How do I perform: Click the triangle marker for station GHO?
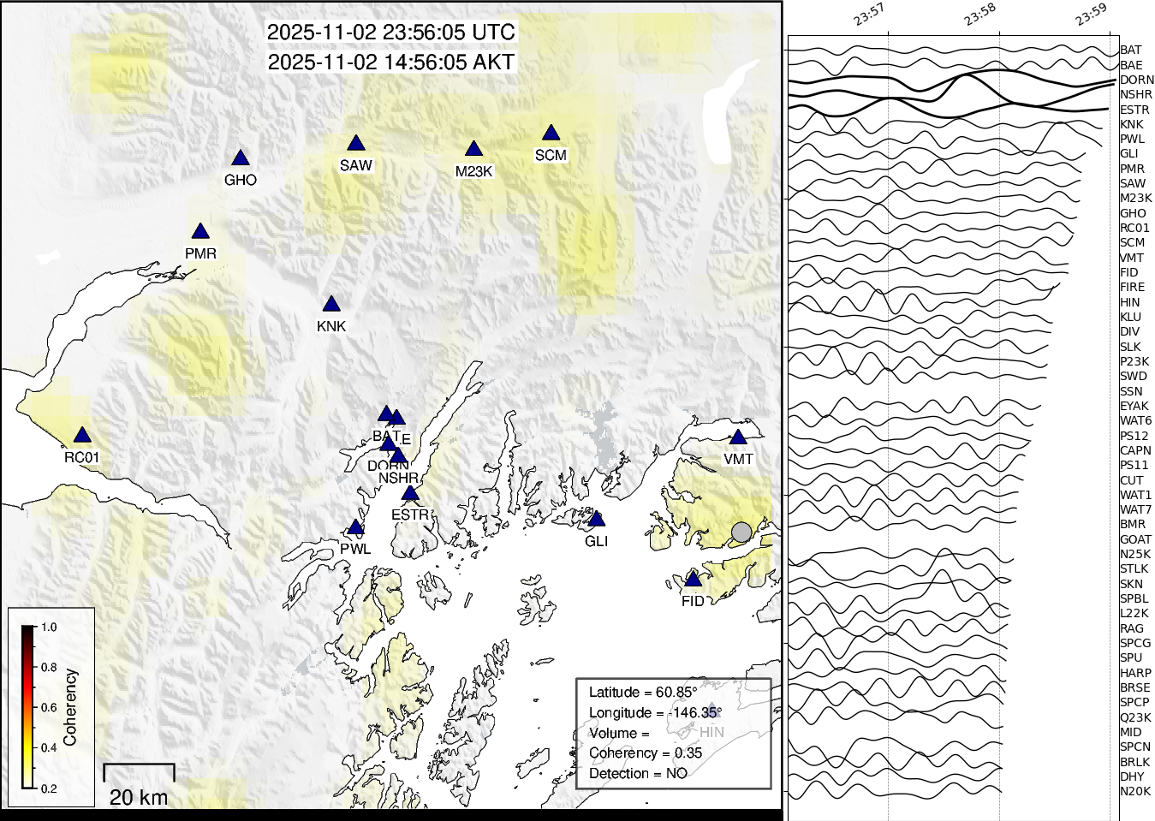[241, 158]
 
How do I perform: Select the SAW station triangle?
[356, 144]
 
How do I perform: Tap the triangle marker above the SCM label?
[551, 134]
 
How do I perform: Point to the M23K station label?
[473, 171]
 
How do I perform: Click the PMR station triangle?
[200, 232]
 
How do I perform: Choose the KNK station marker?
[331, 305]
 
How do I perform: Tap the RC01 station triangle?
[81, 436]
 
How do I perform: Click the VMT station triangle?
[738, 437]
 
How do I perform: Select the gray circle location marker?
[741, 532]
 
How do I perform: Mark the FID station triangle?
[694, 580]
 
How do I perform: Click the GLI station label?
[596, 541]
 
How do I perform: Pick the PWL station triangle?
[355, 528]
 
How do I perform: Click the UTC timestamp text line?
[391, 33]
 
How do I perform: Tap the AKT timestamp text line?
[391, 62]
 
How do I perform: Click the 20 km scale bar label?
[139, 797]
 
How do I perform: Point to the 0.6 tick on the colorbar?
[49, 707]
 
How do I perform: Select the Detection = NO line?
[638, 773]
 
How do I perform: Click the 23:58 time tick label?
[979, 15]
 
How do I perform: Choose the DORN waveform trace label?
[1136, 80]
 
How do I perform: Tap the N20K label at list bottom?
[1135, 791]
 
